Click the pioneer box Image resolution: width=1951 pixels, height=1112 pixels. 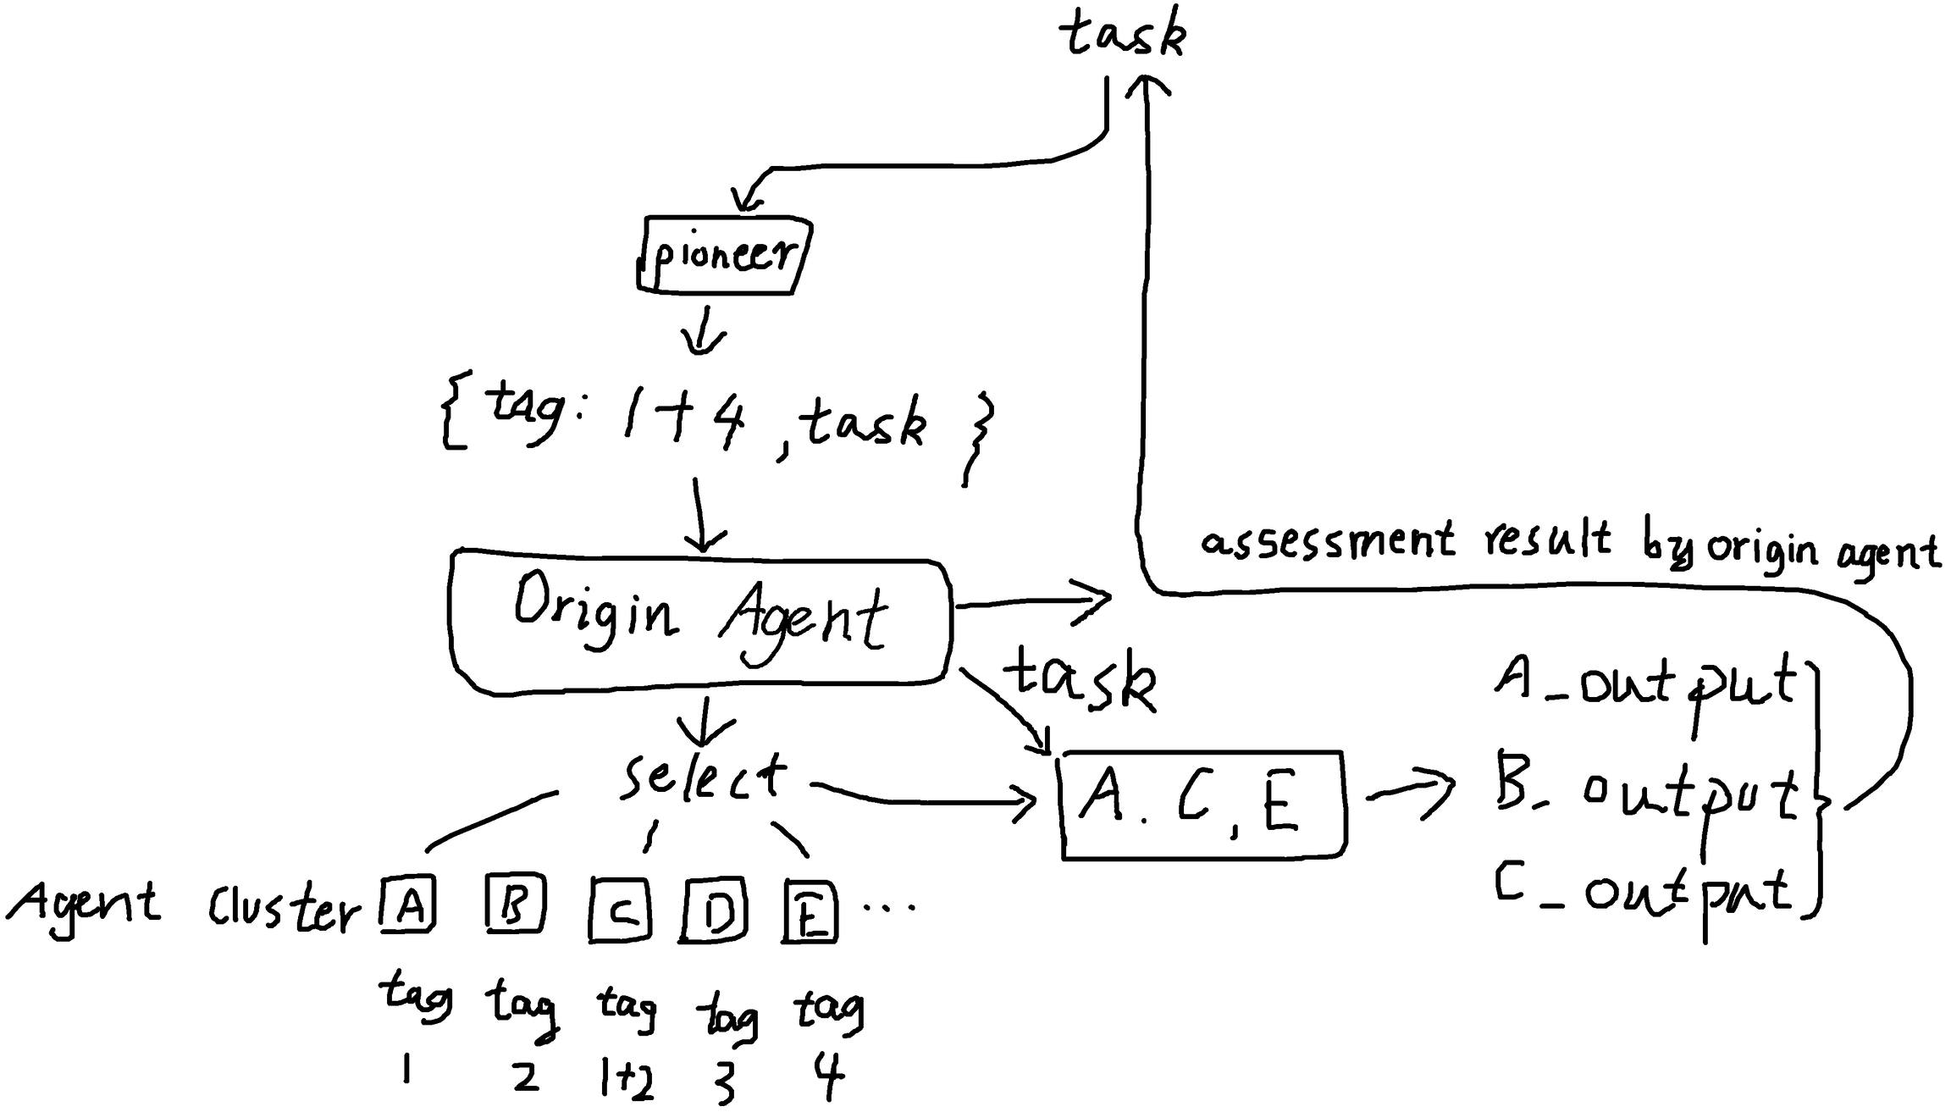[x=724, y=255]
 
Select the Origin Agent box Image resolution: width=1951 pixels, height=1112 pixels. [x=699, y=622]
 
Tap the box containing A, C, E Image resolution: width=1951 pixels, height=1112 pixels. [x=1202, y=805]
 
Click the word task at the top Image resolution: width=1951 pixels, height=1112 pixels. [x=1123, y=36]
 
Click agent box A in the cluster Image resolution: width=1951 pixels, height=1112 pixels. [x=408, y=905]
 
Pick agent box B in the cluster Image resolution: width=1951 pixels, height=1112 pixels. [x=515, y=904]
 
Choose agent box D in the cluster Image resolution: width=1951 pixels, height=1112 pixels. [x=714, y=911]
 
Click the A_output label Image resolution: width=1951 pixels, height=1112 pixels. [x=1643, y=683]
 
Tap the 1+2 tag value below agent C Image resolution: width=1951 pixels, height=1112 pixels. [x=626, y=1080]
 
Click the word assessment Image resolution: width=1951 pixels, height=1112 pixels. [x=1326, y=540]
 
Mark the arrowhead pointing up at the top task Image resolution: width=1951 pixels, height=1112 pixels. [x=1147, y=85]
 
